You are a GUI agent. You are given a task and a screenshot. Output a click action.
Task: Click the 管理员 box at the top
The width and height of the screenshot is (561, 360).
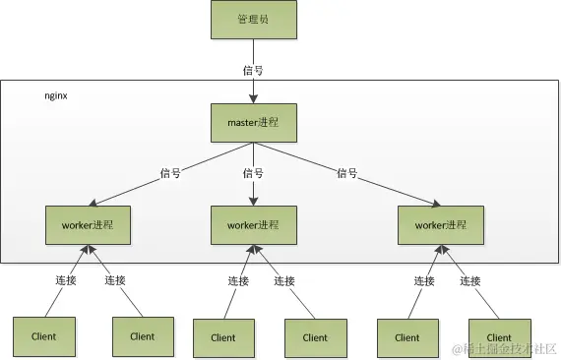pyautogui.click(x=253, y=19)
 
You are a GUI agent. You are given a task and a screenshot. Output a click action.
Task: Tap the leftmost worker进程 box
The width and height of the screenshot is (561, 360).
pyautogui.click(x=88, y=225)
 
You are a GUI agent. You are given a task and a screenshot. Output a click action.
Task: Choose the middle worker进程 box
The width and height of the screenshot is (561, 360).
pyautogui.click(x=253, y=225)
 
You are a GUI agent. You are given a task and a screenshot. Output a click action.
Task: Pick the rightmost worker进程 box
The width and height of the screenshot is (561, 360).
pyautogui.click(x=440, y=225)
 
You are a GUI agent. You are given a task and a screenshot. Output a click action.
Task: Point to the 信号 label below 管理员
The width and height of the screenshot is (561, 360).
pyautogui.click(x=253, y=70)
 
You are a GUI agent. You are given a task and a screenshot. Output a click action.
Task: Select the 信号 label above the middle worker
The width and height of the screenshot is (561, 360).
pyautogui.click(x=253, y=173)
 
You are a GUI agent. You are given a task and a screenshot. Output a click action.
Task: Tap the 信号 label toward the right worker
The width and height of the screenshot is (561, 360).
pyautogui.click(x=346, y=173)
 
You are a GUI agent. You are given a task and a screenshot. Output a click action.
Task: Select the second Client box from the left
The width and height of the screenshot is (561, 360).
pyautogui.click(x=142, y=335)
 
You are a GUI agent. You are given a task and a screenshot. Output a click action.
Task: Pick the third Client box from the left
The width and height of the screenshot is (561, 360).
pyautogui.click(x=223, y=337)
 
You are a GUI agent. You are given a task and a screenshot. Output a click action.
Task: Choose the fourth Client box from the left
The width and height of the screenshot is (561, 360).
pyautogui.click(x=314, y=337)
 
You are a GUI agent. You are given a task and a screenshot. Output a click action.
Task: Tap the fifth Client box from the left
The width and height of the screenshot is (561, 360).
pyautogui.click(x=406, y=337)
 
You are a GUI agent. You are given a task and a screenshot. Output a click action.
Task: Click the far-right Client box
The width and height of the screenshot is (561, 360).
pyautogui.click(x=498, y=337)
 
